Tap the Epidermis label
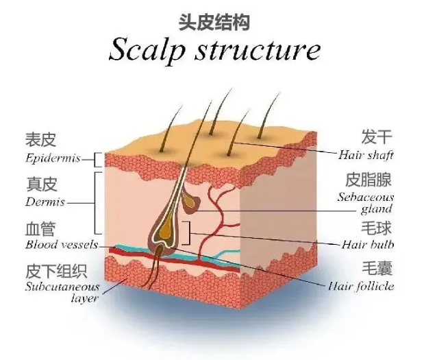tap(52, 158)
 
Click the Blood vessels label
tap(61, 244)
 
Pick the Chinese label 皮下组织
tap(53, 269)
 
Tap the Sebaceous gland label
tap(365, 202)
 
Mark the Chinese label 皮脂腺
tap(369, 180)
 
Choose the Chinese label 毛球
tap(377, 226)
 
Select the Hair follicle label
tap(361, 285)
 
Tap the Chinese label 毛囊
tap(377, 267)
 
